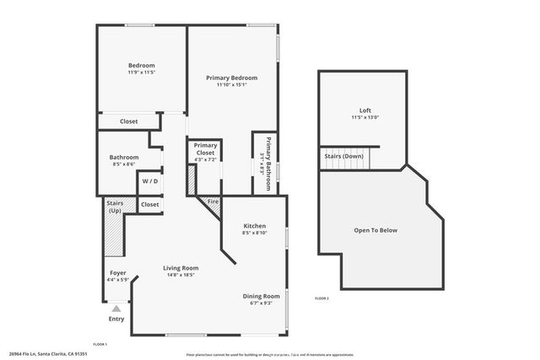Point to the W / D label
click(x=150, y=181)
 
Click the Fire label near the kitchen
click(x=213, y=202)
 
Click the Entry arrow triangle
click(x=116, y=309)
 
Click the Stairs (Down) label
click(x=343, y=156)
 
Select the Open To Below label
click(x=375, y=230)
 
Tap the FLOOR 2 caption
click(x=321, y=298)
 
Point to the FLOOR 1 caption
click(x=100, y=344)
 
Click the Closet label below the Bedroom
click(x=128, y=121)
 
